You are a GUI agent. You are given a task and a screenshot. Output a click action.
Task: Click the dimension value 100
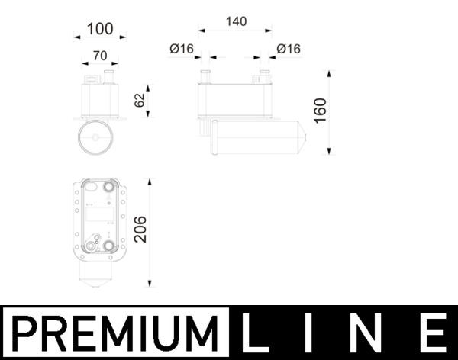coord(99,29)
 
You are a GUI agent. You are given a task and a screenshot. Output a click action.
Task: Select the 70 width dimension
coord(99,55)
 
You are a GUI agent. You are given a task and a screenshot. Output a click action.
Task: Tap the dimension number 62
coord(139,100)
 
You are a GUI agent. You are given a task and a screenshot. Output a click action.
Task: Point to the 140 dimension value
coord(236,22)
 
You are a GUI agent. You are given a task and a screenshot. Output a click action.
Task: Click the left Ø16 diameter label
coord(182,49)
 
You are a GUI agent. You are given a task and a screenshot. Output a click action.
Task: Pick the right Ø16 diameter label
coord(289,49)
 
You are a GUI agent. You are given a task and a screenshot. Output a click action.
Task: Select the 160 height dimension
coord(320,112)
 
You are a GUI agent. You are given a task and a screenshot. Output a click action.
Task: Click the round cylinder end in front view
coord(95,138)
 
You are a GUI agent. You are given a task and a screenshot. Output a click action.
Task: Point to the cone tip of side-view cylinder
coord(304,138)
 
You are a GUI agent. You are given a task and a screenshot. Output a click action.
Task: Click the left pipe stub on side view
coord(205,76)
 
